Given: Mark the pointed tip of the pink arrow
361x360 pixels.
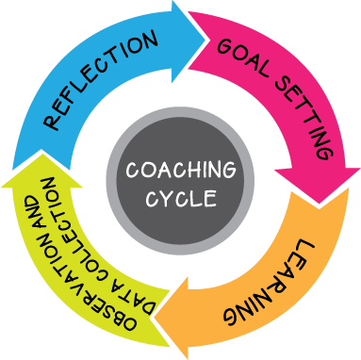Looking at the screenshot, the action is point(330,193).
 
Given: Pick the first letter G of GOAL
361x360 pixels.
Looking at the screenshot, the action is point(224,43).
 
